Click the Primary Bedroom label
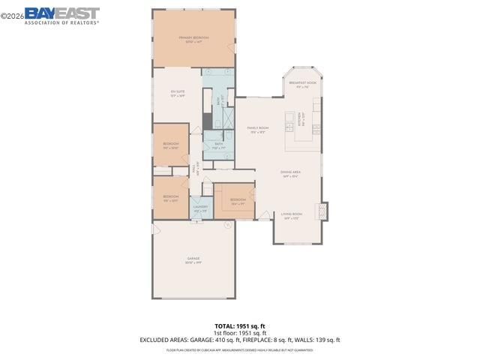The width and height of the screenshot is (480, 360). coord(193,38)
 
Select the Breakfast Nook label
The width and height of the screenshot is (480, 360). coord(302,84)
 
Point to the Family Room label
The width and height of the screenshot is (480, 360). coord(258,128)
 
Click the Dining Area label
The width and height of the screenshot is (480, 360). coord(290,173)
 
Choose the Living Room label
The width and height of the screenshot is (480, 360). coord(291,216)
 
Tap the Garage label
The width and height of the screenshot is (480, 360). coord(193,260)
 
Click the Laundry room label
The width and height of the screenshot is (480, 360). coord(200,208)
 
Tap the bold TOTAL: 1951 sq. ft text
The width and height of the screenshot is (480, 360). coord(240,326)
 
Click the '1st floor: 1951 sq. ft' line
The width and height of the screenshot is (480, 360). coord(240,333)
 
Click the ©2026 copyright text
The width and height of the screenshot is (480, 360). coord(12,12)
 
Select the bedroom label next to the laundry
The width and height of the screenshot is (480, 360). coord(238,200)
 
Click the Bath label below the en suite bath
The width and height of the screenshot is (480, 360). coord(218,145)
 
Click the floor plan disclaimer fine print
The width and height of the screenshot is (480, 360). coord(240,350)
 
